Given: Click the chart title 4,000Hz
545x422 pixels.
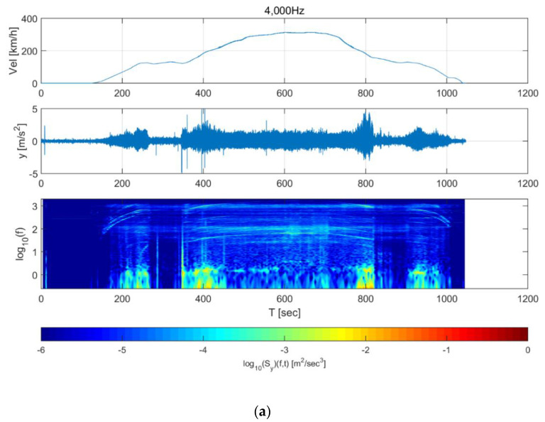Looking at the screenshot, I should click(x=284, y=8).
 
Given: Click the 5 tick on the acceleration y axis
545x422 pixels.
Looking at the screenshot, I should click(x=33, y=109).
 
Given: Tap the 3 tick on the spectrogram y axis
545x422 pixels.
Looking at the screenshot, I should click(x=33, y=205).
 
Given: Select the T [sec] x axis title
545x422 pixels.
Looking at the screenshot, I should click(x=284, y=310).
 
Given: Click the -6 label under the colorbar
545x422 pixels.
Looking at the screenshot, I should click(x=42, y=350).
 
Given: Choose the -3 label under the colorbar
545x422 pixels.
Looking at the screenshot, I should click(x=284, y=350).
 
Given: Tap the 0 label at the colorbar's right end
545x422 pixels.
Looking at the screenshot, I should click(x=527, y=350).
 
